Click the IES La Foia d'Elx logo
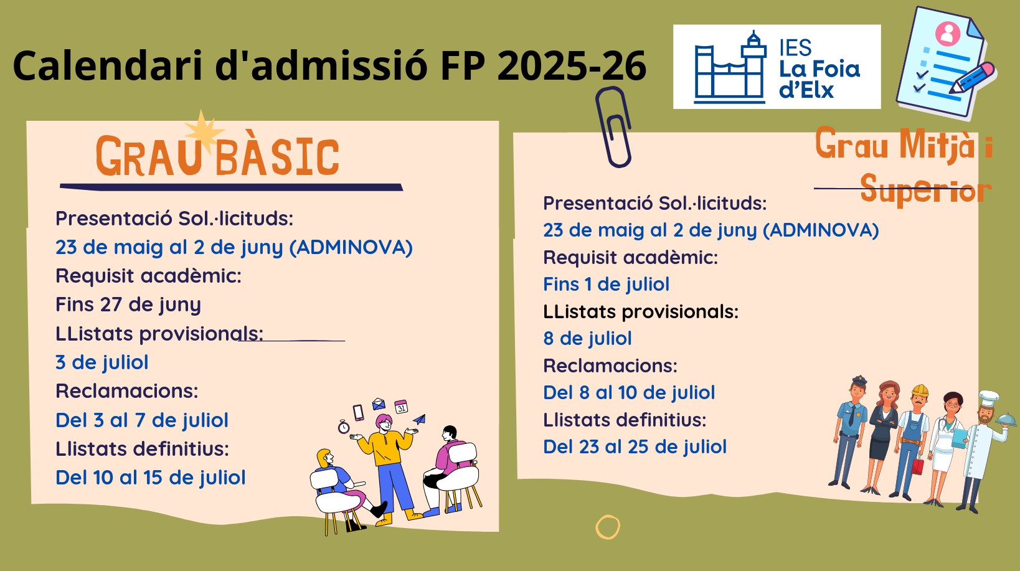(777, 67)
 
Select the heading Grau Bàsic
(218, 156)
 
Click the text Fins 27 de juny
(128, 304)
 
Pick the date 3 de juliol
(102, 362)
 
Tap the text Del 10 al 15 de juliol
(150, 478)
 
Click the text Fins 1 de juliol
(606, 285)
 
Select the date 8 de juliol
(587, 339)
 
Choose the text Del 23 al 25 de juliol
(635, 446)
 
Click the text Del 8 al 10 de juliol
(629, 392)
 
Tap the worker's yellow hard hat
(920, 390)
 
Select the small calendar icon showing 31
(401, 406)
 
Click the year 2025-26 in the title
(572, 65)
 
